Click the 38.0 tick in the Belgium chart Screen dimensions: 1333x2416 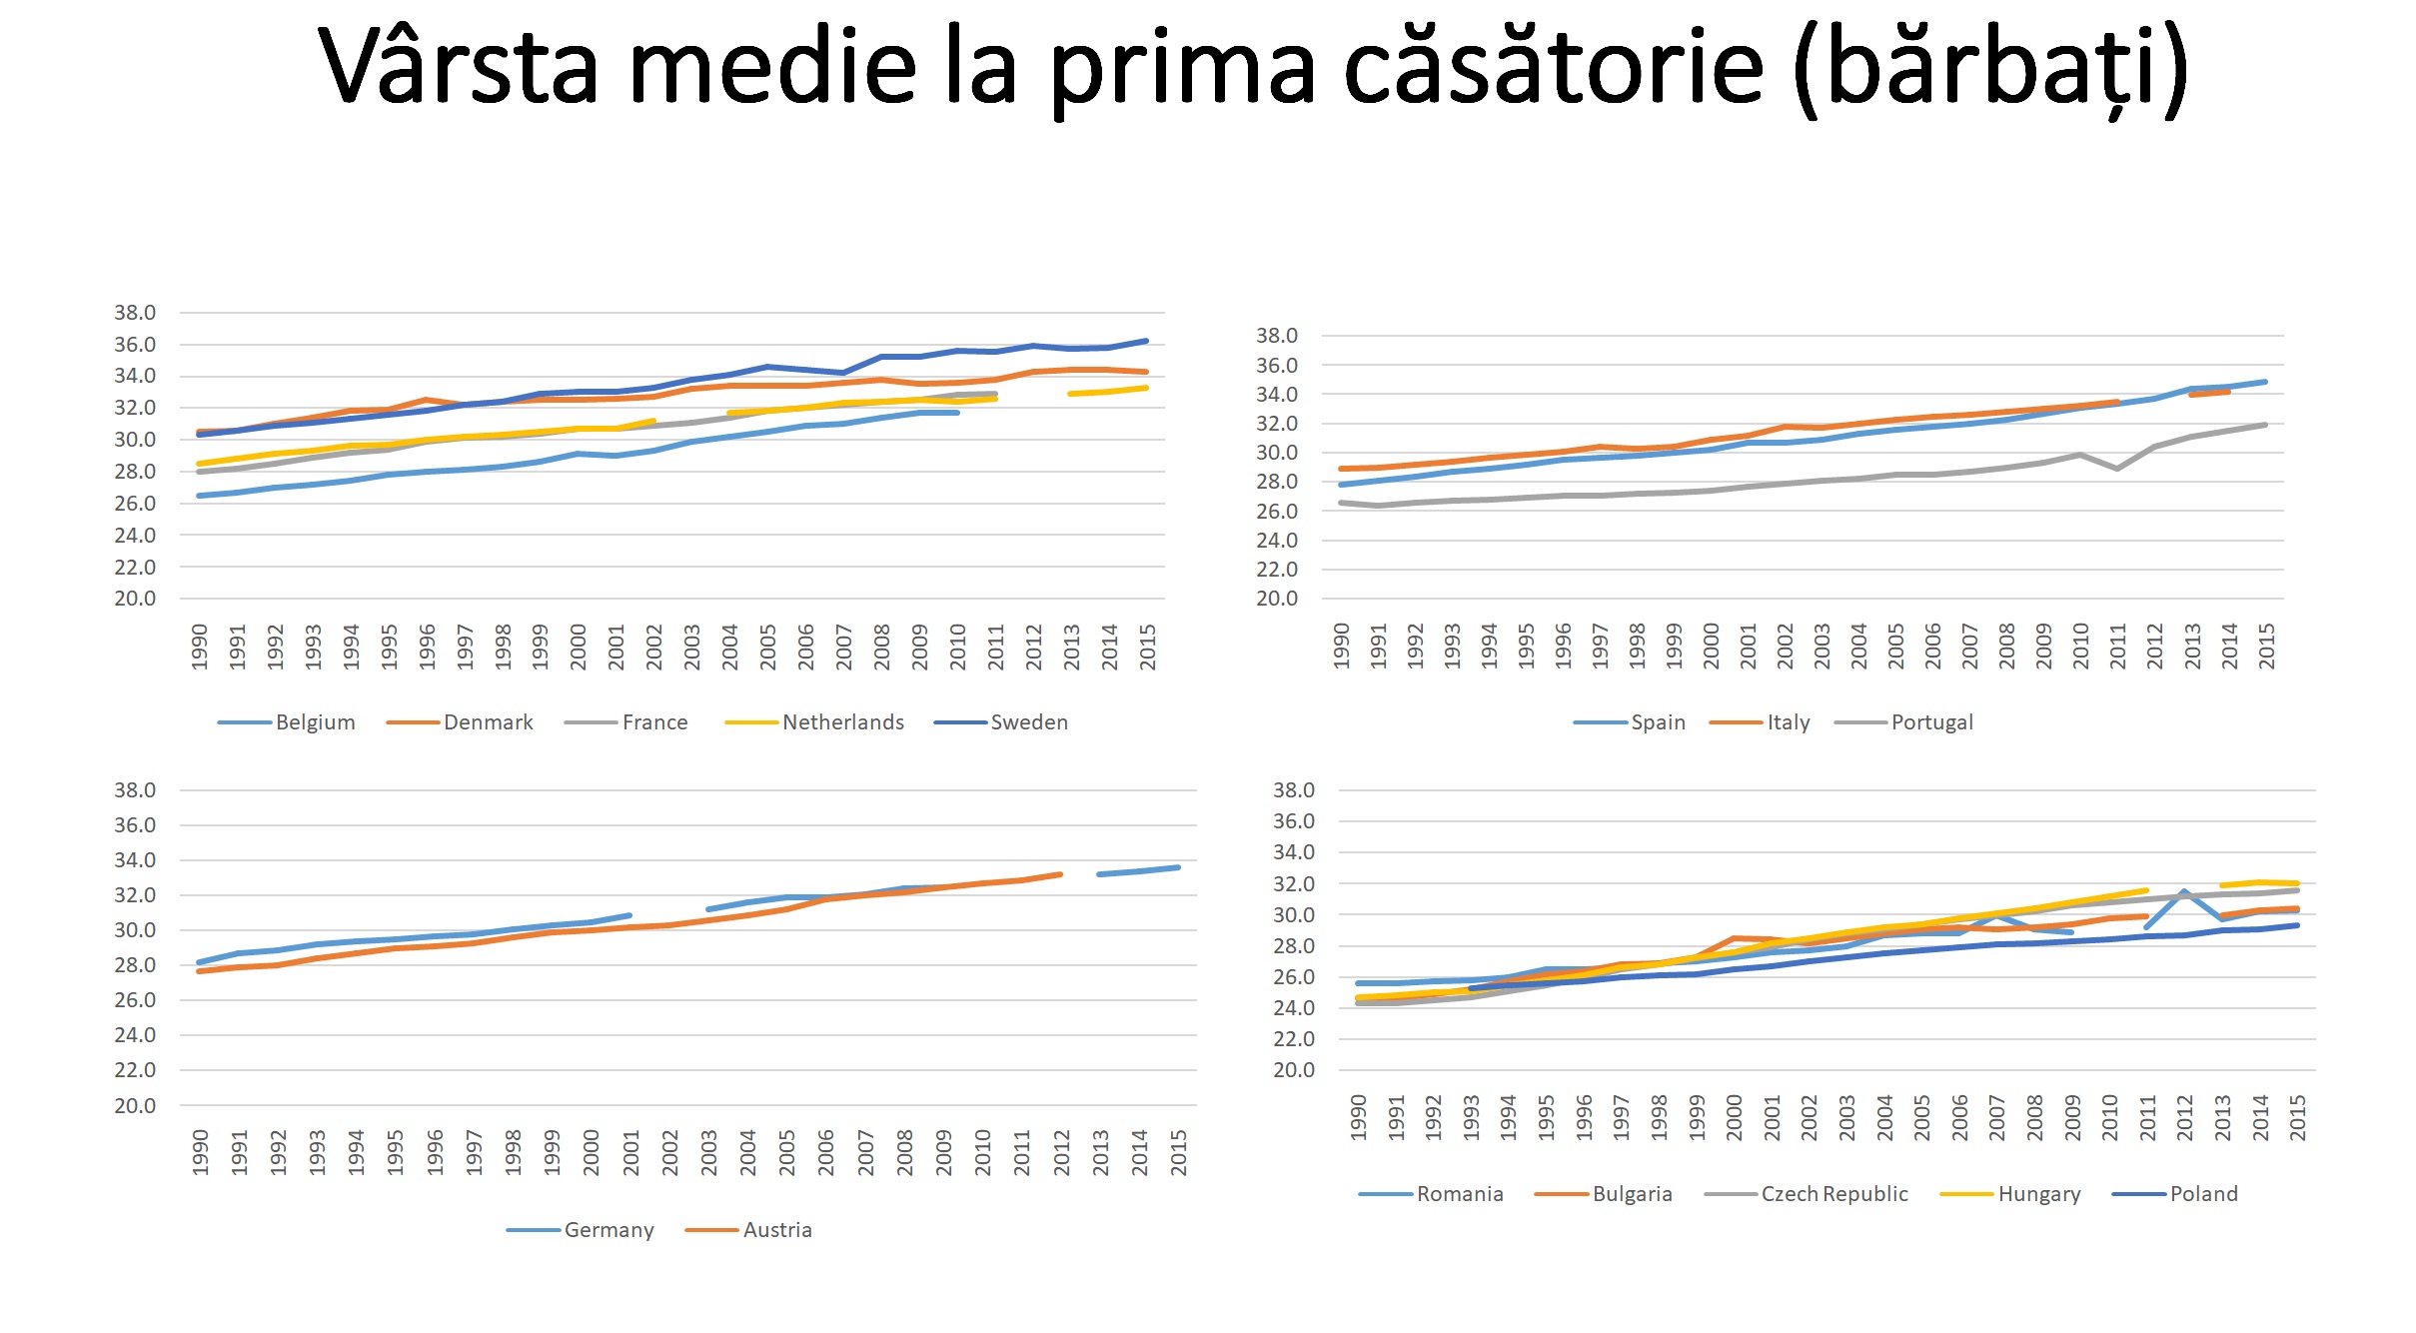(135, 313)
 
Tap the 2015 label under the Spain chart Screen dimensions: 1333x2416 (2267, 646)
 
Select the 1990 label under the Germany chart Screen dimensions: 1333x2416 (200, 1152)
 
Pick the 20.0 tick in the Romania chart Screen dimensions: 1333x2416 (1294, 1070)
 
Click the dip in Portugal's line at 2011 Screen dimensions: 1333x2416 (2117, 469)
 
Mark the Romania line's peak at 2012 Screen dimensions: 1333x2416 (2184, 890)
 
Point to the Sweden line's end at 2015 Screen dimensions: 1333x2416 (1146, 341)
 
